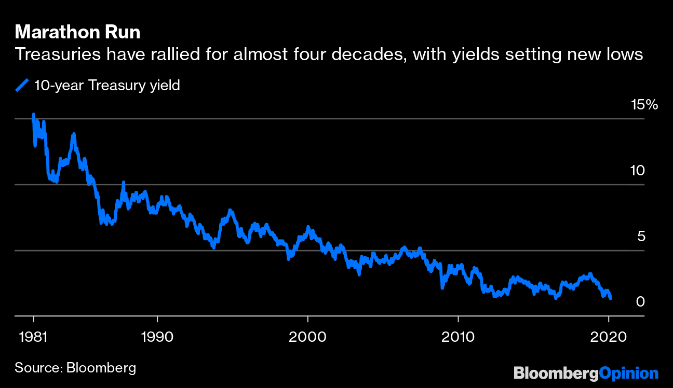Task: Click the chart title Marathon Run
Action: click(x=77, y=33)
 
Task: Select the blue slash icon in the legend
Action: click(x=21, y=86)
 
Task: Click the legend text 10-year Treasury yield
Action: click(x=106, y=86)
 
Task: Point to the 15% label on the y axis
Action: click(x=644, y=105)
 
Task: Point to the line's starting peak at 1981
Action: click(x=34, y=115)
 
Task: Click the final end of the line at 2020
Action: click(x=611, y=298)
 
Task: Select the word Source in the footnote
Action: click(x=37, y=368)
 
